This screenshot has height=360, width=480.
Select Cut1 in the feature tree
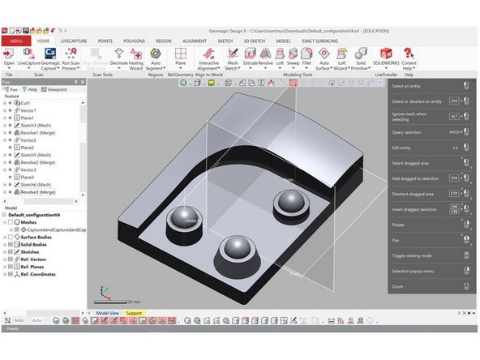(x=26, y=103)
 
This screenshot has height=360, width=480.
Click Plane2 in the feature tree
(x=28, y=148)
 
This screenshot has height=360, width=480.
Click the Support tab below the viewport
(x=133, y=312)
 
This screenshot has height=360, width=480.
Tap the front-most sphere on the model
(x=233, y=247)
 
